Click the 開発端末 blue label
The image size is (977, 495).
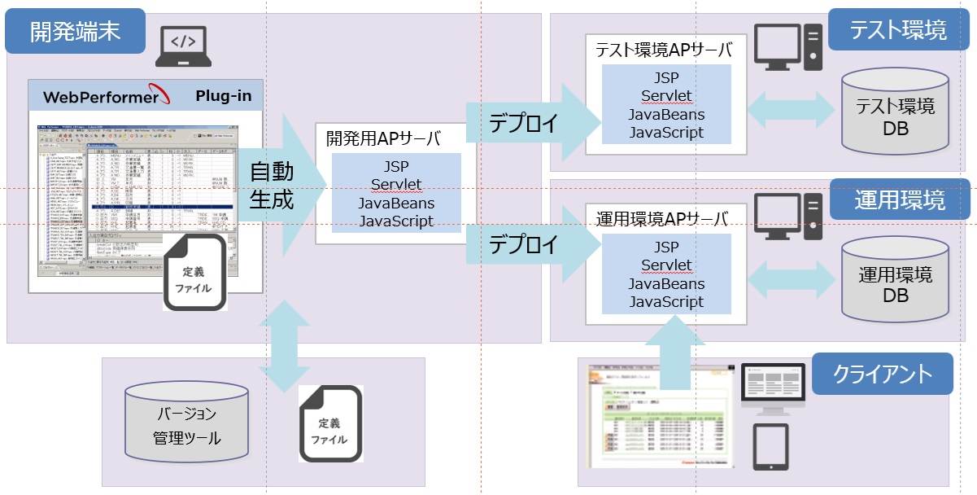(75, 32)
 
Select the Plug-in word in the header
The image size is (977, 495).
(223, 96)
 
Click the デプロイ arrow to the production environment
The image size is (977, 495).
(528, 243)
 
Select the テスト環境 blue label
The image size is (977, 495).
(898, 31)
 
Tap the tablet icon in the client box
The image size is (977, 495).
(770, 447)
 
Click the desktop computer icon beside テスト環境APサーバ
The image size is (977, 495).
(787, 47)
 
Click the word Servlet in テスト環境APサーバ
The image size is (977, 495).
(666, 96)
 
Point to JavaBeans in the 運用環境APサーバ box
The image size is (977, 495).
(666, 284)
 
